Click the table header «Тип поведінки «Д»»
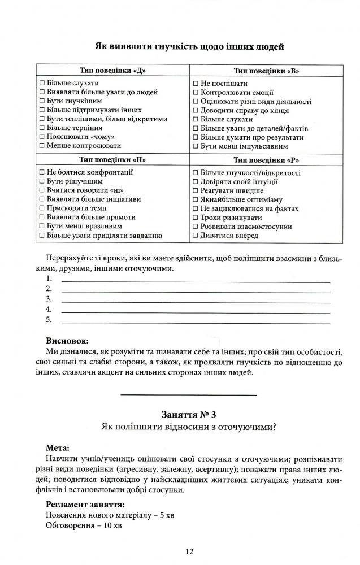click(x=112, y=71)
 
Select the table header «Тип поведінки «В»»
click(x=266, y=71)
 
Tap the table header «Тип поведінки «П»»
click(x=112, y=159)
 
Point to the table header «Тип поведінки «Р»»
click(x=266, y=159)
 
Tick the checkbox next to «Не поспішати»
click(x=196, y=83)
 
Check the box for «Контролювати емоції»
click(x=196, y=92)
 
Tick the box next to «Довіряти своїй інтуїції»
click(x=196, y=181)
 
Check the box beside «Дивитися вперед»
click(x=196, y=236)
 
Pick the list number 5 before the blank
click(x=49, y=320)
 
